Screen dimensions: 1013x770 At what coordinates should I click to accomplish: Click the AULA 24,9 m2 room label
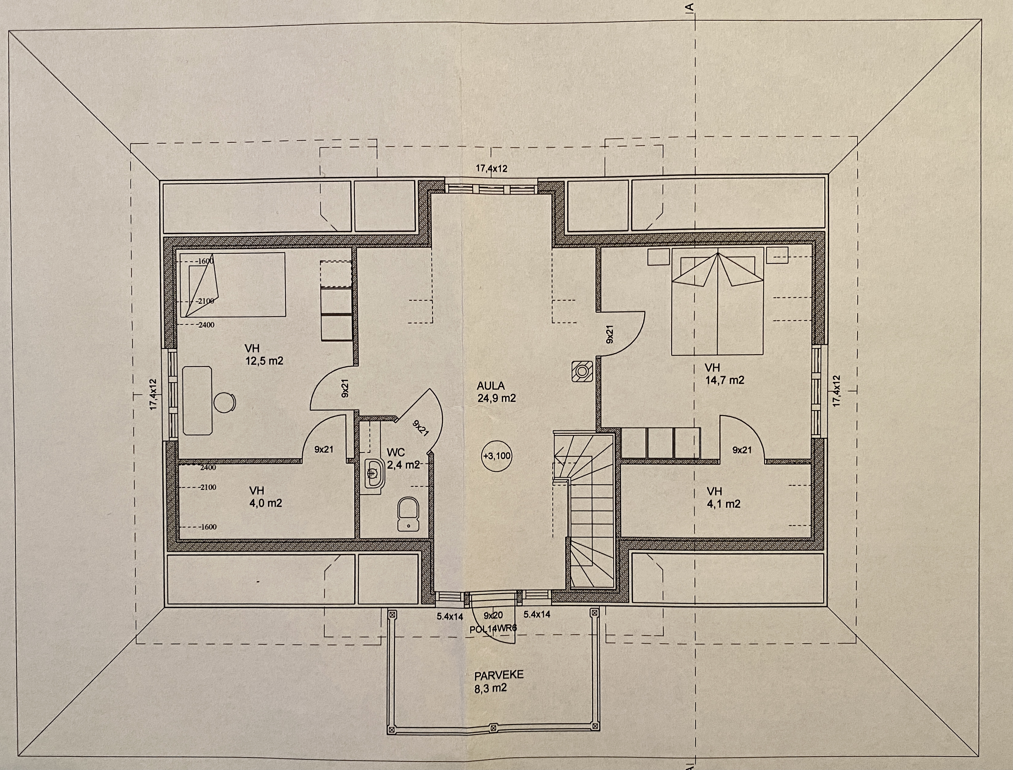pos(496,392)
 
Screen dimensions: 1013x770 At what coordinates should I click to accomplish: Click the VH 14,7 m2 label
pos(724,374)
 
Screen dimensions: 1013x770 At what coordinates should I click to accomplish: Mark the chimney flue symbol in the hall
pos(583,371)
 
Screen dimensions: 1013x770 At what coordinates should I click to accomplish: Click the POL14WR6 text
pos(493,629)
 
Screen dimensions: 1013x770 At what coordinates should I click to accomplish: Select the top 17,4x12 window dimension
pos(491,169)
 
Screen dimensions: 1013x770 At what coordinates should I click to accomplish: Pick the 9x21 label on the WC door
pos(420,428)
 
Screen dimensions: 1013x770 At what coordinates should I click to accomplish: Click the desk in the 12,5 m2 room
pos(198,400)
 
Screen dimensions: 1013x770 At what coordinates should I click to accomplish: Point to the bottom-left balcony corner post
pos(392,730)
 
